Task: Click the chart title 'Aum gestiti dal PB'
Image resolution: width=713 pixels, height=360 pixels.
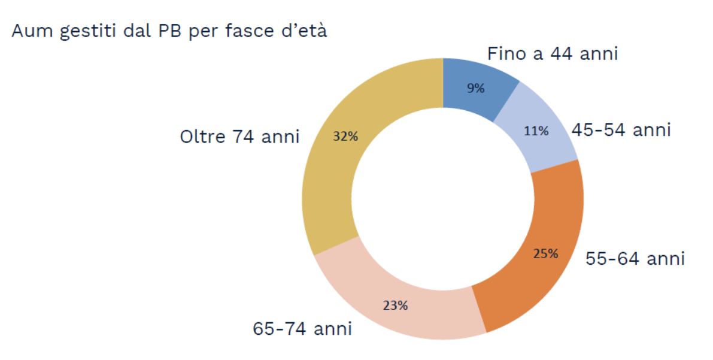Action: (169, 31)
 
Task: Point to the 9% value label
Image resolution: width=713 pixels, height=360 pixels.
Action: (476, 89)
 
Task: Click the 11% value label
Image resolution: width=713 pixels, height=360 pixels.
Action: (536, 131)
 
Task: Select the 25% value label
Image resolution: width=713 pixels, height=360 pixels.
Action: (545, 253)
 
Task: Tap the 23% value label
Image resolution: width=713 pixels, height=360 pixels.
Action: (395, 305)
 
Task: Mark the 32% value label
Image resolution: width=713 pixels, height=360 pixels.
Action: (345, 137)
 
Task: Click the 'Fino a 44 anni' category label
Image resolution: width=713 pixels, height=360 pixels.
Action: (552, 54)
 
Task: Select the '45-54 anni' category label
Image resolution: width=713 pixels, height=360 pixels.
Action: (621, 129)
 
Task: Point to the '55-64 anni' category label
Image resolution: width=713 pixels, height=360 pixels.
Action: (635, 259)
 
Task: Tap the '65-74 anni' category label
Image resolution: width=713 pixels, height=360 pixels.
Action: (302, 329)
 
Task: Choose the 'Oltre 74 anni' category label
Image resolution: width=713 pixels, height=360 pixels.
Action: (239, 137)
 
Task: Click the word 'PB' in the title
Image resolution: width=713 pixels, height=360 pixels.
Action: (172, 31)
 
